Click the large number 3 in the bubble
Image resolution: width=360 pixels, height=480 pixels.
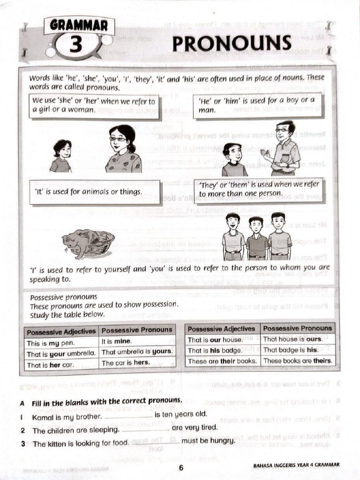[x=77, y=46]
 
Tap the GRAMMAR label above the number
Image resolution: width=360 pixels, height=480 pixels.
[x=78, y=25]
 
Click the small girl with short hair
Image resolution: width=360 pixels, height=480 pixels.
[x=61, y=157]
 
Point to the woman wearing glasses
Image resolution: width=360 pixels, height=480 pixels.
[x=122, y=149]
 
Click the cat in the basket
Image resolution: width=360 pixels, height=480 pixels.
[x=87, y=243]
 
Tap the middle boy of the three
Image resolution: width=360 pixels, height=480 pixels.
[x=256, y=238]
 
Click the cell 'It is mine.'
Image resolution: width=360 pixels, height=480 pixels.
[x=137, y=341]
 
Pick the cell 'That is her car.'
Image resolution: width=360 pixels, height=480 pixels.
[x=61, y=365]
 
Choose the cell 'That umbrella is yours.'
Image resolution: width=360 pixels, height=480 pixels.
[x=137, y=352]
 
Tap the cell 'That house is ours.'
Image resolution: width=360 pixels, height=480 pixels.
[x=297, y=339]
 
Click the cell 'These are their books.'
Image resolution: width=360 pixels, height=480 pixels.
[x=223, y=361]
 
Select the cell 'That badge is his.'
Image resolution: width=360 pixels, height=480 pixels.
[x=297, y=350]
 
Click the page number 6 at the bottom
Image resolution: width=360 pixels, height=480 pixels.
[x=181, y=466]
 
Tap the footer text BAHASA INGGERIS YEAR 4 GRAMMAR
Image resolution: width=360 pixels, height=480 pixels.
[x=296, y=465]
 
